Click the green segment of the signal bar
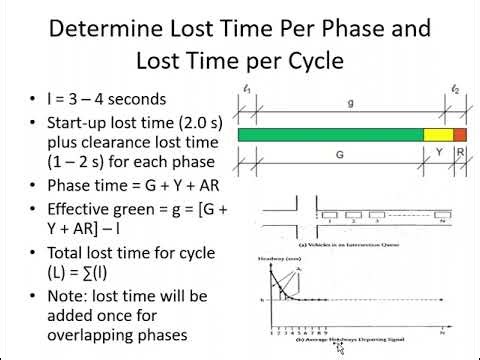(x=330, y=134)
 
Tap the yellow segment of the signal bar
(x=438, y=134)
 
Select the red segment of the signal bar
(x=460, y=134)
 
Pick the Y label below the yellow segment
(x=438, y=155)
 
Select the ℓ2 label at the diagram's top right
(x=455, y=90)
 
